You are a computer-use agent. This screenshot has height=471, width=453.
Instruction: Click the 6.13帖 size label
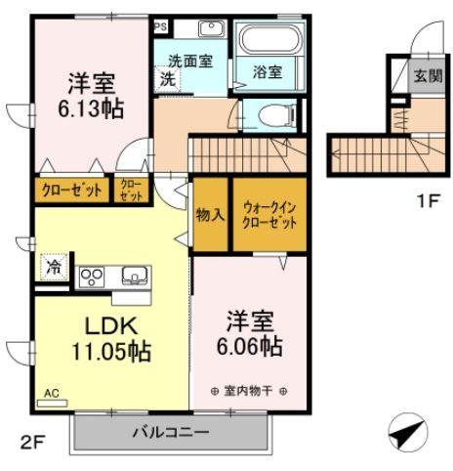96,108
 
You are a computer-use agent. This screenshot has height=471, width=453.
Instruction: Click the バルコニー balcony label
171,432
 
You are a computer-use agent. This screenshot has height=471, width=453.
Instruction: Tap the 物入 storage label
210,214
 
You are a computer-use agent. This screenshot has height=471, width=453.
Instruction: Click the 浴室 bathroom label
268,71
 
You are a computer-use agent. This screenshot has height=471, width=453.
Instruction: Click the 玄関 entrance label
426,75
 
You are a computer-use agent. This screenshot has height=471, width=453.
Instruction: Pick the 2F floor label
33,443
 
